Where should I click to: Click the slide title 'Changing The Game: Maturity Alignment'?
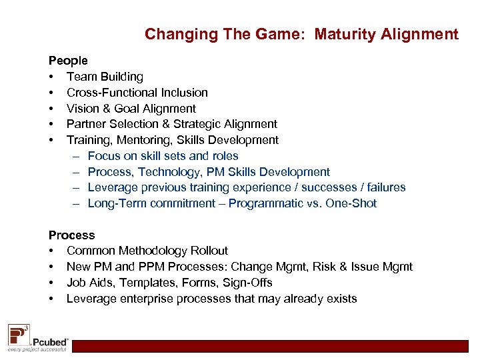(x=301, y=33)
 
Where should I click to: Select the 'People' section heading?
(x=68, y=61)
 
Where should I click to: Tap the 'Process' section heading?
(x=71, y=235)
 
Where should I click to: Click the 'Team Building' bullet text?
(x=105, y=77)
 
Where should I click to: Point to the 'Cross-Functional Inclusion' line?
(x=137, y=93)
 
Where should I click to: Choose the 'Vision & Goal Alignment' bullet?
(x=131, y=109)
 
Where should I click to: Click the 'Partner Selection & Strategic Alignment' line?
(x=171, y=124)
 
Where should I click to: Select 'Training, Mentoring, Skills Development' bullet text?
(x=172, y=140)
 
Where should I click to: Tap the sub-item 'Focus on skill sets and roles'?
(x=163, y=156)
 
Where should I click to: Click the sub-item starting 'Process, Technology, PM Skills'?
(x=209, y=172)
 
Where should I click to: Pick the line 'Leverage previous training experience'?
(x=246, y=188)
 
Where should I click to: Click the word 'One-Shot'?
(x=351, y=204)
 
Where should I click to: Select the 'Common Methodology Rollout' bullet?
(x=147, y=251)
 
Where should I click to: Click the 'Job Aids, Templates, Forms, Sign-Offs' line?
(x=169, y=283)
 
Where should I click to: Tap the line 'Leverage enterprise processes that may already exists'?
(x=211, y=299)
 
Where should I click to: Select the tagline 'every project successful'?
(x=37, y=349)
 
